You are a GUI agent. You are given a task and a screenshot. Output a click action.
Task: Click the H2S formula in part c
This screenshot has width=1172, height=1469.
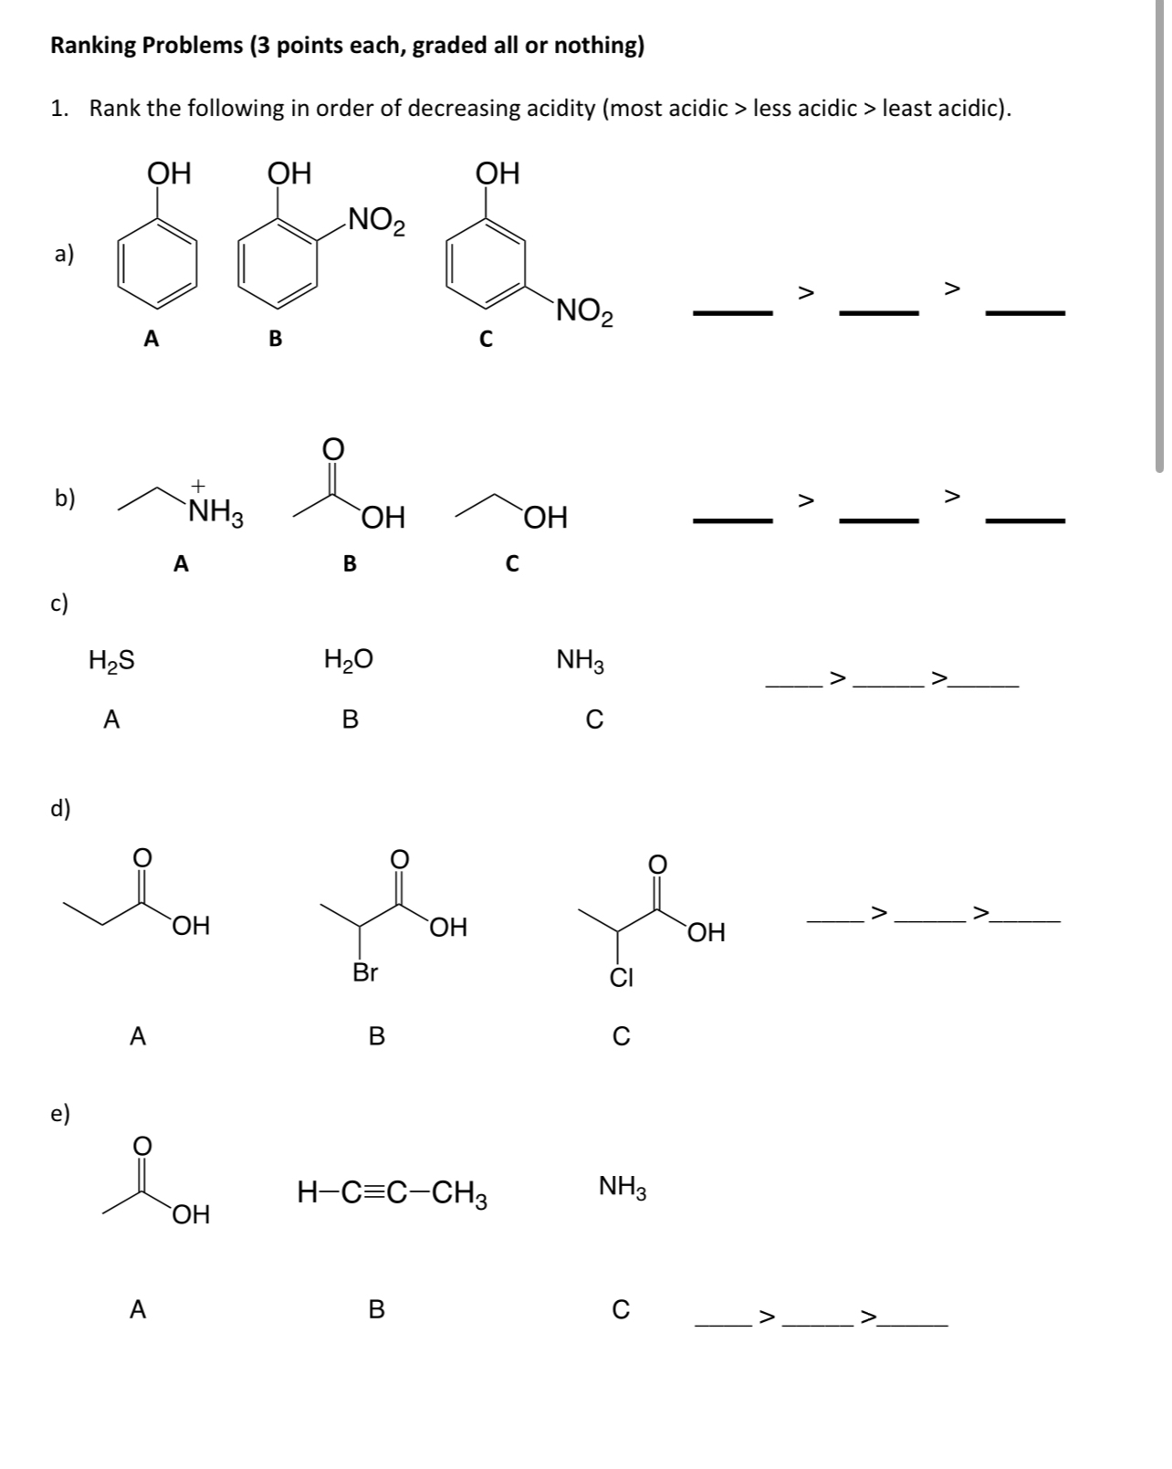click(112, 660)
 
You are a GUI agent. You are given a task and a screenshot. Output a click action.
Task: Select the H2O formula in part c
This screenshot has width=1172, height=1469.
click(348, 659)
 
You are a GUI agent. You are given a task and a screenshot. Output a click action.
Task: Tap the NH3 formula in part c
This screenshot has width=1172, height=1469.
click(581, 661)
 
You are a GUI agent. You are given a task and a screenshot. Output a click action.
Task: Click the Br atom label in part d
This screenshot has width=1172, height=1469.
click(365, 972)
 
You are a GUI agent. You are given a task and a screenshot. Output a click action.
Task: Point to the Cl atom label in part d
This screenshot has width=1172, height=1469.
click(622, 978)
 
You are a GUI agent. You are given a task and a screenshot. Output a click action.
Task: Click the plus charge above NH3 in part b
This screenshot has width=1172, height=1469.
click(198, 486)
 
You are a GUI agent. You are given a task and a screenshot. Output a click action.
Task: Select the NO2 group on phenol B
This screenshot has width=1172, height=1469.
click(376, 220)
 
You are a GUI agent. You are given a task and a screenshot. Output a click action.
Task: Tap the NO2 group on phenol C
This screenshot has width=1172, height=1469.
click(584, 312)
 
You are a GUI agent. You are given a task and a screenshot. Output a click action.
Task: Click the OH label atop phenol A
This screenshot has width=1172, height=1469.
click(169, 173)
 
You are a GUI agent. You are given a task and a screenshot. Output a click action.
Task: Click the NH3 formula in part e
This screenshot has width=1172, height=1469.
click(623, 1187)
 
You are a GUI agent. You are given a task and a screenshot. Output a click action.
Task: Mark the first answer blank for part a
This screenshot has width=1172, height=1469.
click(732, 313)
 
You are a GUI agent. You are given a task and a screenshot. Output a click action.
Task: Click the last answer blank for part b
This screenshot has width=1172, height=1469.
click(1025, 520)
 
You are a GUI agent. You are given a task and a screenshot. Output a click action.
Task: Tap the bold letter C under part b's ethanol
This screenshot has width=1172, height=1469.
click(512, 564)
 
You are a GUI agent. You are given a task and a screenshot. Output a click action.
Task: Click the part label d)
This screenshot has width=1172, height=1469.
click(61, 808)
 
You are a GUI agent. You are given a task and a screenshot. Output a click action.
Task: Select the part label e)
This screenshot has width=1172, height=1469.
click(61, 1113)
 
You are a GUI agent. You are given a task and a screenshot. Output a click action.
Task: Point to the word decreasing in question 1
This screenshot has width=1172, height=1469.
click(502, 109)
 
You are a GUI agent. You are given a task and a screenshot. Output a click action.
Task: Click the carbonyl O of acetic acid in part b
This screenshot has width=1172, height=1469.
click(332, 448)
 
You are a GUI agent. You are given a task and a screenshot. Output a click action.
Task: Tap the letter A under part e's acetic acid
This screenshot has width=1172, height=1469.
click(138, 1309)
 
